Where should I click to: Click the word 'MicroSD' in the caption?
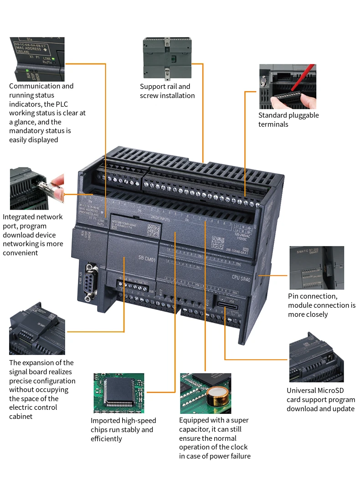pos(329,391)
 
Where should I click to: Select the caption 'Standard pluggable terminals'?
pos(288,120)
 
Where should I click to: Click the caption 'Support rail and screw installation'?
pos(167,91)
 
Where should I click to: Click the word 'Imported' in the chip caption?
pos(106,421)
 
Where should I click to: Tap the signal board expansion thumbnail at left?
pos(36,330)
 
